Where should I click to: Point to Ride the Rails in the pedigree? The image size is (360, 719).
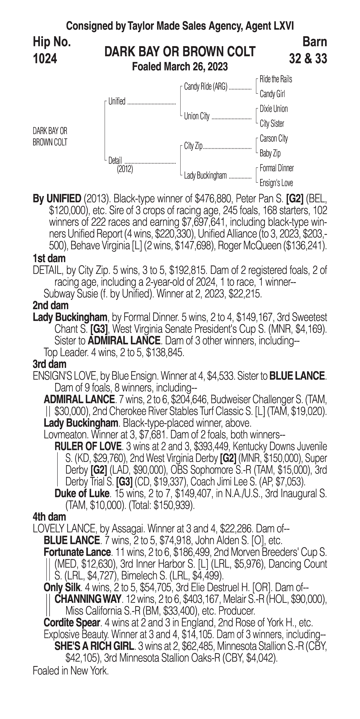(276, 79)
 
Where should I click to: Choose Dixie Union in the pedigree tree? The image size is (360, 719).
(273, 109)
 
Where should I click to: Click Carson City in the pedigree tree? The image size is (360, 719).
(273, 138)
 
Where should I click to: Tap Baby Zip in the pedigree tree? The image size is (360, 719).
(270, 153)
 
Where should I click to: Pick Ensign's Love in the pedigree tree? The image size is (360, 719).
(276, 183)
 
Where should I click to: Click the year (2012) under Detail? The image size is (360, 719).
(125, 169)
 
